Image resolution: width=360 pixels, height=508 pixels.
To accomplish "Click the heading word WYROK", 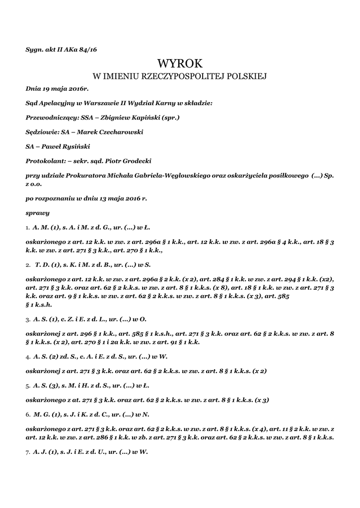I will coord(180,63).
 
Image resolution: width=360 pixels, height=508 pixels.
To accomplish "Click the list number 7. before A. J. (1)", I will coord(28,452).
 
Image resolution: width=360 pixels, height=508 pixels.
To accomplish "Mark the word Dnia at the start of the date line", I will coord(34,89).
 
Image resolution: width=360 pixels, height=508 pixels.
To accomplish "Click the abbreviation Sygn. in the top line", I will coord(34,49).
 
